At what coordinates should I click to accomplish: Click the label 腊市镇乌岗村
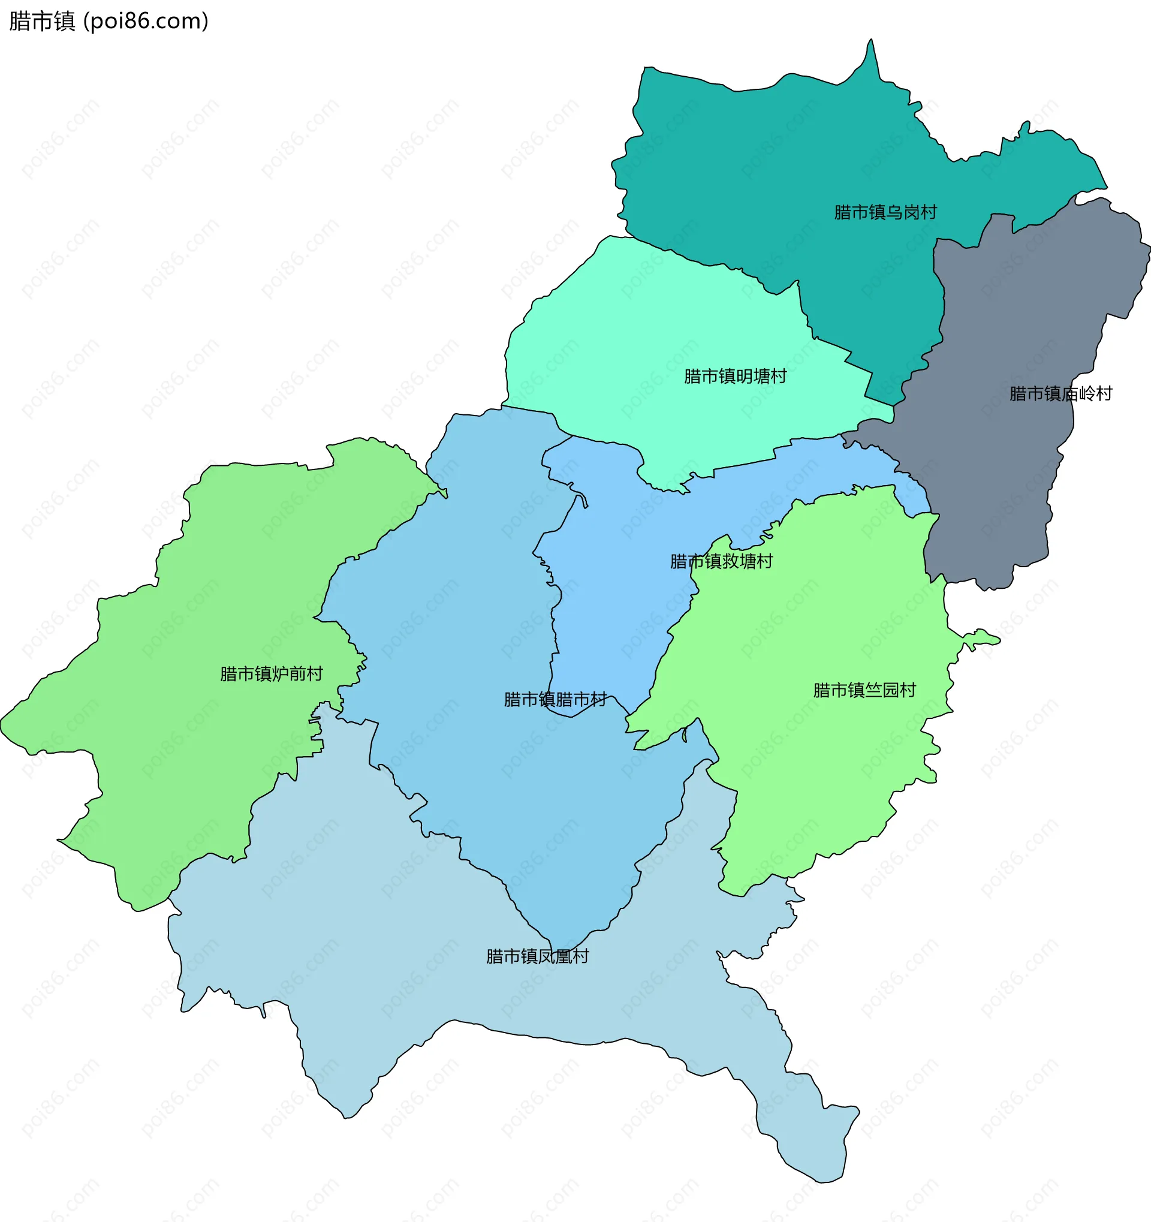pyautogui.click(x=885, y=212)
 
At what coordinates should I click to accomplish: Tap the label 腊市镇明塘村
pyautogui.click(x=735, y=376)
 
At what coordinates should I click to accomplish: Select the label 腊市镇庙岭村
pyautogui.click(x=1060, y=393)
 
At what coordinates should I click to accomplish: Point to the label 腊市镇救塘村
pyautogui.click(x=721, y=561)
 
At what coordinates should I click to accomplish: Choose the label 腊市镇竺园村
pyautogui.click(x=864, y=690)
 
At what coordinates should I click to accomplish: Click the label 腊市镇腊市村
pyautogui.click(x=555, y=700)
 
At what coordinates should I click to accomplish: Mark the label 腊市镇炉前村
pyautogui.click(x=271, y=674)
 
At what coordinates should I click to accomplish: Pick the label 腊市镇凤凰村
pyautogui.click(x=537, y=956)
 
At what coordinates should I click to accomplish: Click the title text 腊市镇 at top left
pyautogui.click(x=42, y=22)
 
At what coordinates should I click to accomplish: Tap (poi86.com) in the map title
pyautogui.click(x=146, y=22)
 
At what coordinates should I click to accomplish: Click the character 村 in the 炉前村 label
pyautogui.click(x=315, y=674)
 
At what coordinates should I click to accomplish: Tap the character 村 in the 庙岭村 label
pyautogui.click(x=1104, y=393)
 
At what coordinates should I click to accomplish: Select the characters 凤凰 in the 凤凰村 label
pyautogui.click(x=555, y=956)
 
